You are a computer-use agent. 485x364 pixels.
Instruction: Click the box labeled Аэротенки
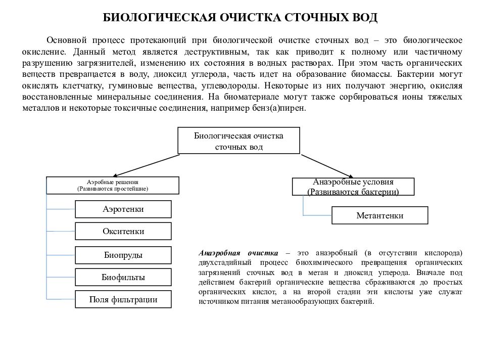click(x=123, y=209)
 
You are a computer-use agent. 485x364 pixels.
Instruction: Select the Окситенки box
click(x=123, y=232)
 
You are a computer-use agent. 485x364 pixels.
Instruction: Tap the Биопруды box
click(x=123, y=255)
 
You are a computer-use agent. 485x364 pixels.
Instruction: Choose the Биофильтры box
click(x=123, y=277)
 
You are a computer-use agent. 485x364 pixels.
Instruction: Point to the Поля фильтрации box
click(x=123, y=299)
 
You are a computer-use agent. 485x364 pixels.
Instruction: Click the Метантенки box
click(x=379, y=215)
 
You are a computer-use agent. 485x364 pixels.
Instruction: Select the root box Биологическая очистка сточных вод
click(x=238, y=141)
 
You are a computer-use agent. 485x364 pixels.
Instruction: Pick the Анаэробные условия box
click(x=353, y=187)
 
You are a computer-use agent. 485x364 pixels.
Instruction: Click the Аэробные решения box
click(x=113, y=185)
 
